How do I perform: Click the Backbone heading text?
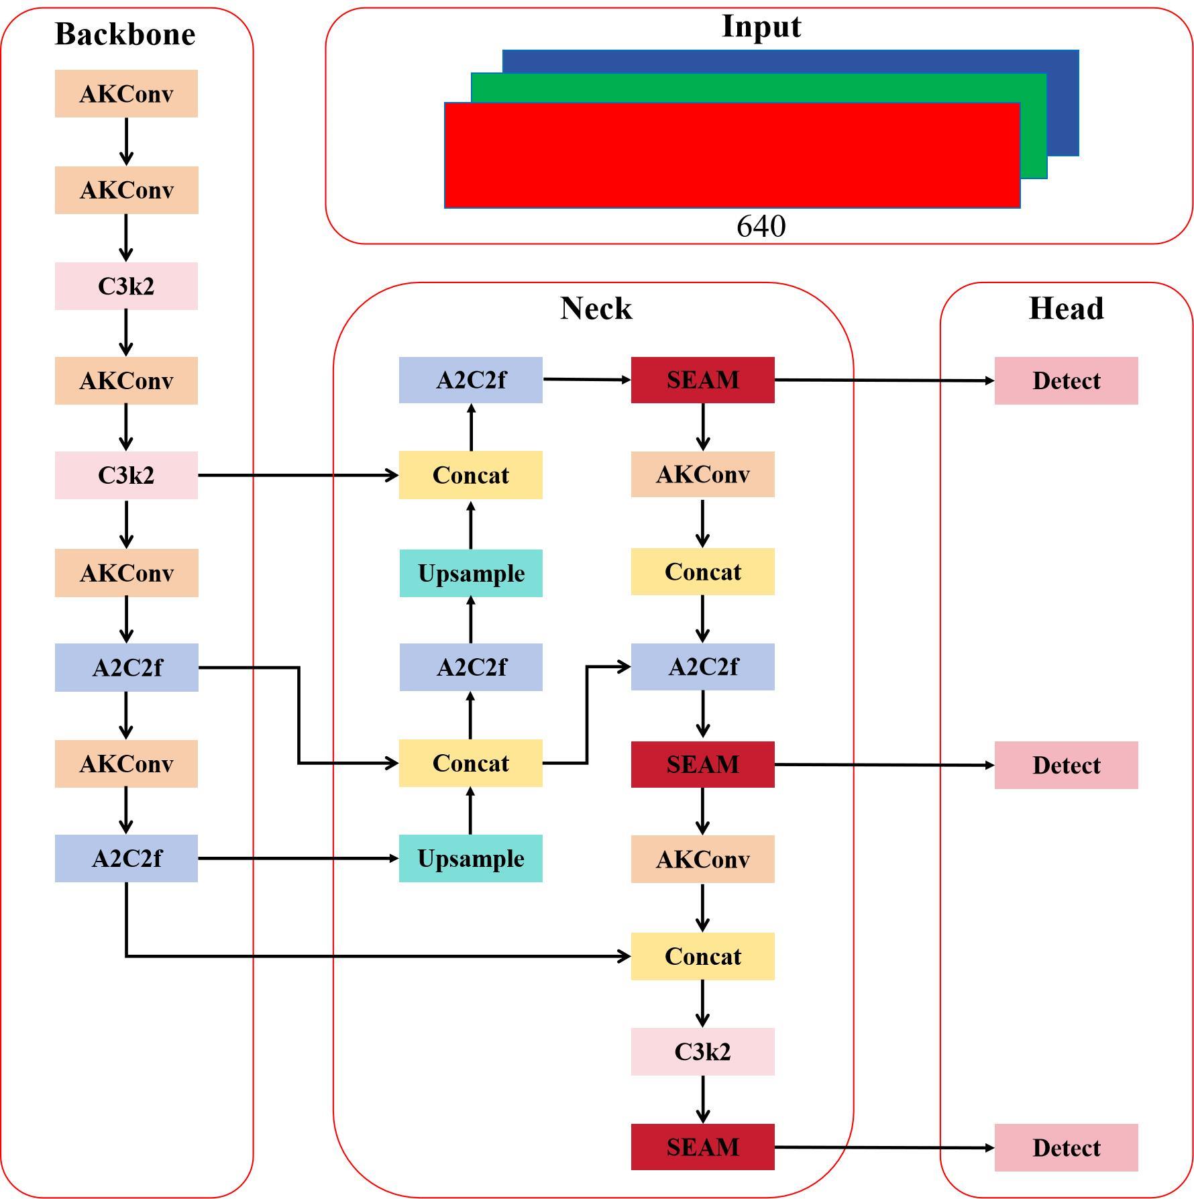[125, 34]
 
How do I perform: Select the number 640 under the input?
[761, 227]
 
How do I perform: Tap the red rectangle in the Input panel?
[732, 155]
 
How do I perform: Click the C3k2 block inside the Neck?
[702, 1051]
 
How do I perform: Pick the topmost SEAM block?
[702, 380]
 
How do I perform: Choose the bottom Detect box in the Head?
[1066, 1147]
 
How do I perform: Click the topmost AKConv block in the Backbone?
[126, 94]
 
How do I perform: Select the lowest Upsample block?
[470, 858]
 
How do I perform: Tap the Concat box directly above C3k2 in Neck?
[702, 956]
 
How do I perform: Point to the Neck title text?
[596, 309]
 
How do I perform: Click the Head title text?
[1066, 309]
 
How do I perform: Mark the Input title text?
[761, 27]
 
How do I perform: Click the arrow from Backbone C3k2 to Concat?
[298, 475]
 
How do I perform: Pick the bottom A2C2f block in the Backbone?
[126, 858]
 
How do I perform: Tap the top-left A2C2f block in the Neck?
[470, 380]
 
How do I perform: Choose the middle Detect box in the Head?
[1066, 765]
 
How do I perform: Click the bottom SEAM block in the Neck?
[702, 1147]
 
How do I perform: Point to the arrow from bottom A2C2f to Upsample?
[298, 858]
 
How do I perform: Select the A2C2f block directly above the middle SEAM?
[702, 667]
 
